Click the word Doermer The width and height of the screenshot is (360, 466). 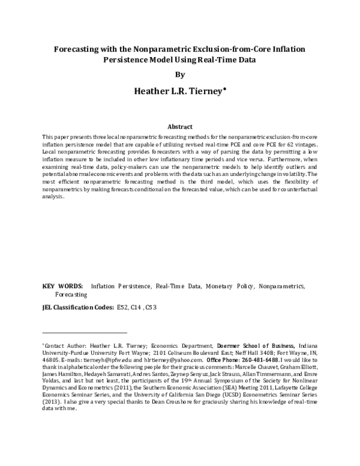(x=229, y=346)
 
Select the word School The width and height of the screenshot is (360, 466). (x=251, y=346)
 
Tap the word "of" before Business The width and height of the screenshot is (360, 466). (x=265, y=346)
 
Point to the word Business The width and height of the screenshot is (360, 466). (x=282, y=346)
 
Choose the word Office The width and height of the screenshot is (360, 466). (x=214, y=360)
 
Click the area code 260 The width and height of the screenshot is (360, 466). (x=247, y=360)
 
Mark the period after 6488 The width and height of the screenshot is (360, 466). (x=280, y=362)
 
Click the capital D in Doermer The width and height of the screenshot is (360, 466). (x=219, y=346)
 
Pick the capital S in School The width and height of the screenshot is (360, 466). (x=245, y=346)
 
